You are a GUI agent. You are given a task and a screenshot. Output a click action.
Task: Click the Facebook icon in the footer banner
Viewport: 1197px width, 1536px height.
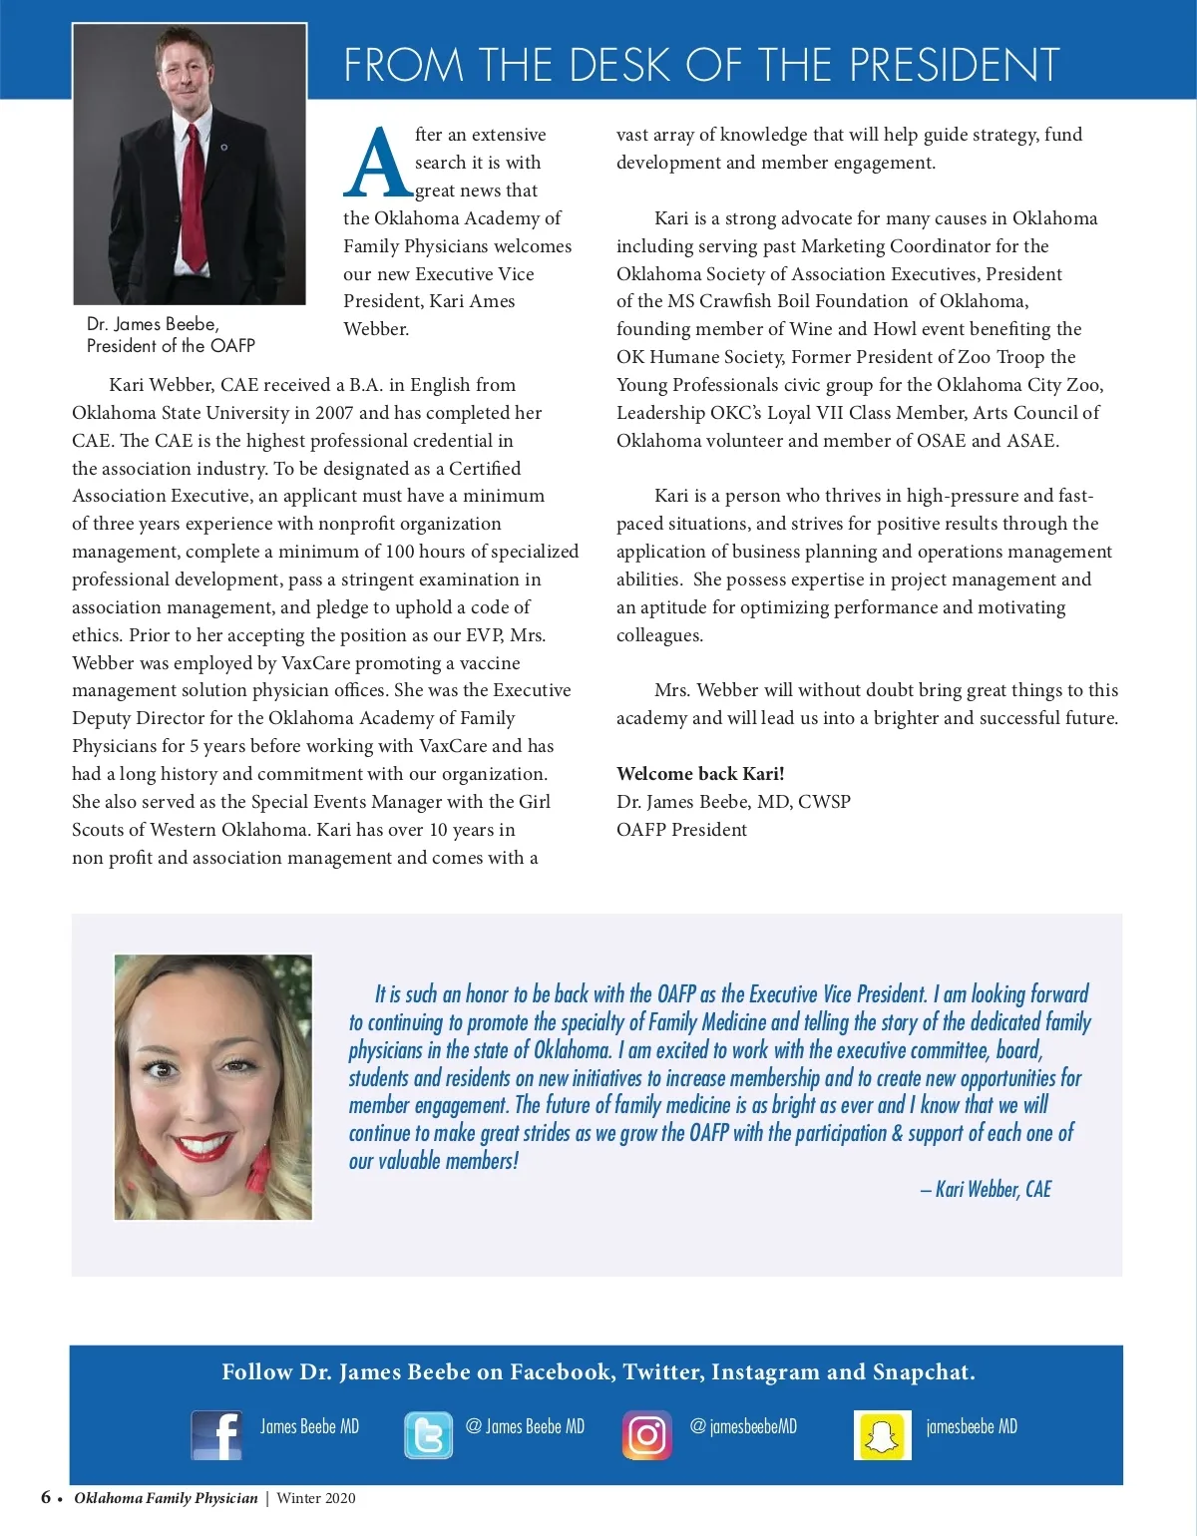click(x=216, y=1435)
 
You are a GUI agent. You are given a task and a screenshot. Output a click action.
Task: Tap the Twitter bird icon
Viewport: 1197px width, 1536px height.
click(x=428, y=1436)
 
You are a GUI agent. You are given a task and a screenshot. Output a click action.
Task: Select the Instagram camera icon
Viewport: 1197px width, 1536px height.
click(x=646, y=1435)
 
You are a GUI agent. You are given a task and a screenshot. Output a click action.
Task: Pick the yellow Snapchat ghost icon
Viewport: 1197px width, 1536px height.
click(x=882, y=1436)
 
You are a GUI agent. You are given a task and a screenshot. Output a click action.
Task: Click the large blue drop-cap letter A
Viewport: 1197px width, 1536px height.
click(x=377, y=163)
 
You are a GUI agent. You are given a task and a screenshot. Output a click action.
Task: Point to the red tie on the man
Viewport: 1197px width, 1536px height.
click(x=194, y=199)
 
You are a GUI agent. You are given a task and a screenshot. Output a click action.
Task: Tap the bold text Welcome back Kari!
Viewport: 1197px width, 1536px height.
click(x=700, y=774)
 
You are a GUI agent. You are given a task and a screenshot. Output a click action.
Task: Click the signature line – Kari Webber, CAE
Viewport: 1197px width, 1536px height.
click(x=986, y=1189)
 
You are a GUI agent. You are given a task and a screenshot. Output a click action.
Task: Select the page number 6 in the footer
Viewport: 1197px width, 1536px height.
click(x=46, y=1497)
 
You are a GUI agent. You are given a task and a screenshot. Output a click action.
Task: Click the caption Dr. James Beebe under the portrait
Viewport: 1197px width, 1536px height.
click(x=153, y=324)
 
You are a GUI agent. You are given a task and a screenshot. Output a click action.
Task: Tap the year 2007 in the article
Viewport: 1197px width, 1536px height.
click(x=333, y=413)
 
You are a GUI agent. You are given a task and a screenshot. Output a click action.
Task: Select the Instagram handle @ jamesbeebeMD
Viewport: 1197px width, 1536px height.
click(x=743, y=1426)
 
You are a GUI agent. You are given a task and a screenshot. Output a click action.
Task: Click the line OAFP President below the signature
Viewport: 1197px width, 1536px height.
click(x=681, y=830)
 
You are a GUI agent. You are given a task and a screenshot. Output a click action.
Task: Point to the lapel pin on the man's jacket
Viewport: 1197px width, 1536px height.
click(x=224, y=148)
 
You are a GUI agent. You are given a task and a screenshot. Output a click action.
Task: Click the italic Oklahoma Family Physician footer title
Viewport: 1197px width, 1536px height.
click(x=166, y=1498)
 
